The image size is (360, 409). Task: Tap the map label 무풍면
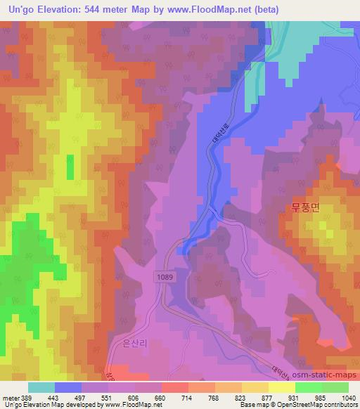click(x=304, y=207)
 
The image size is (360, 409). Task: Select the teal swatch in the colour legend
click(x=41, y=387)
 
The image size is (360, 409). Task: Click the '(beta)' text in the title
click(x=264, y=9)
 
